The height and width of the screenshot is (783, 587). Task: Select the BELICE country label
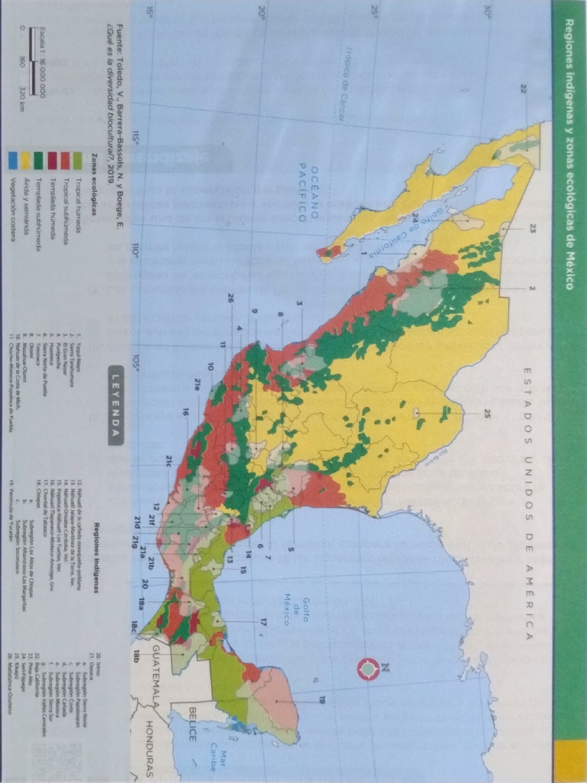(192, 725)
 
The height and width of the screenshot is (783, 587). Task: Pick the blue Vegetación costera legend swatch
(11, 160)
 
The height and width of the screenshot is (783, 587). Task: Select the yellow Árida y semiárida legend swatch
(25, 160)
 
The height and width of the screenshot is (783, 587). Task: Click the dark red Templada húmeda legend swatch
(53, 160)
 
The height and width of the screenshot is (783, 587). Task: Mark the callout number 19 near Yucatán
(322, 698)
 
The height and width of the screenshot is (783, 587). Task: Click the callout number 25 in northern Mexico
(487, 414)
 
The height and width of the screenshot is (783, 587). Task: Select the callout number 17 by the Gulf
(263, 621)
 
